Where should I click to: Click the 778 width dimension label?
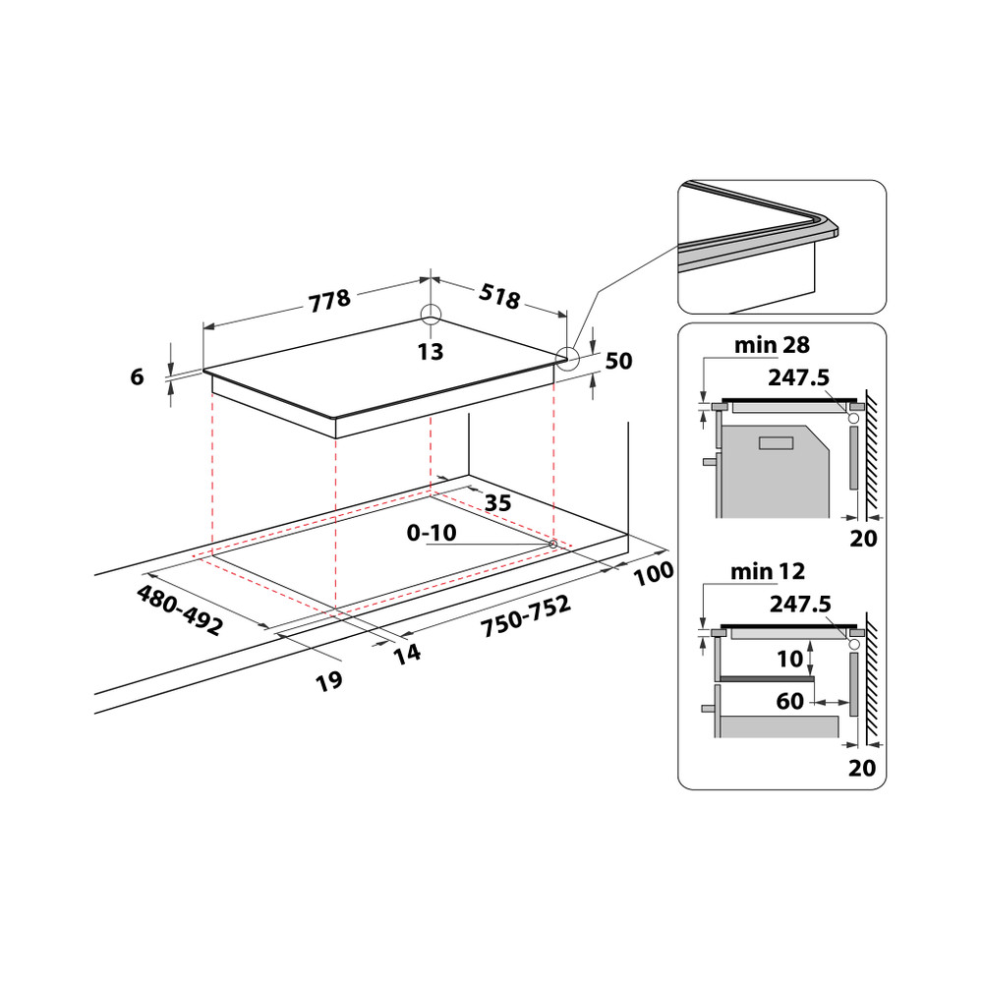point(329,300)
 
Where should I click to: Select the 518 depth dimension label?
point(499,297)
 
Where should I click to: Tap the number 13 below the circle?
point(431,352)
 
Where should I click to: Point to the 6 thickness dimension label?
point(137,376)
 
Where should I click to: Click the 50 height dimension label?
point(618,362)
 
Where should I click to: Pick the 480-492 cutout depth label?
point(180,610)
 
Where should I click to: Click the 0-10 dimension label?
point(433,533)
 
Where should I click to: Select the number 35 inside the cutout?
point(497,503)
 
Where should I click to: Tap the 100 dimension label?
point(653,573)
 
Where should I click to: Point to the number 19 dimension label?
point(328,681)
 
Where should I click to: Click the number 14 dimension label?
point(407,652)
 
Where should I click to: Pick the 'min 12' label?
point(768,571)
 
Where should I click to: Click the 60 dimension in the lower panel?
point(789,702)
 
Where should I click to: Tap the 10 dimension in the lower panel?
point(790,659)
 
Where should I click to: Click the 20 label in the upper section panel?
point(862,539)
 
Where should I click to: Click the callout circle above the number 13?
point(431,315)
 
